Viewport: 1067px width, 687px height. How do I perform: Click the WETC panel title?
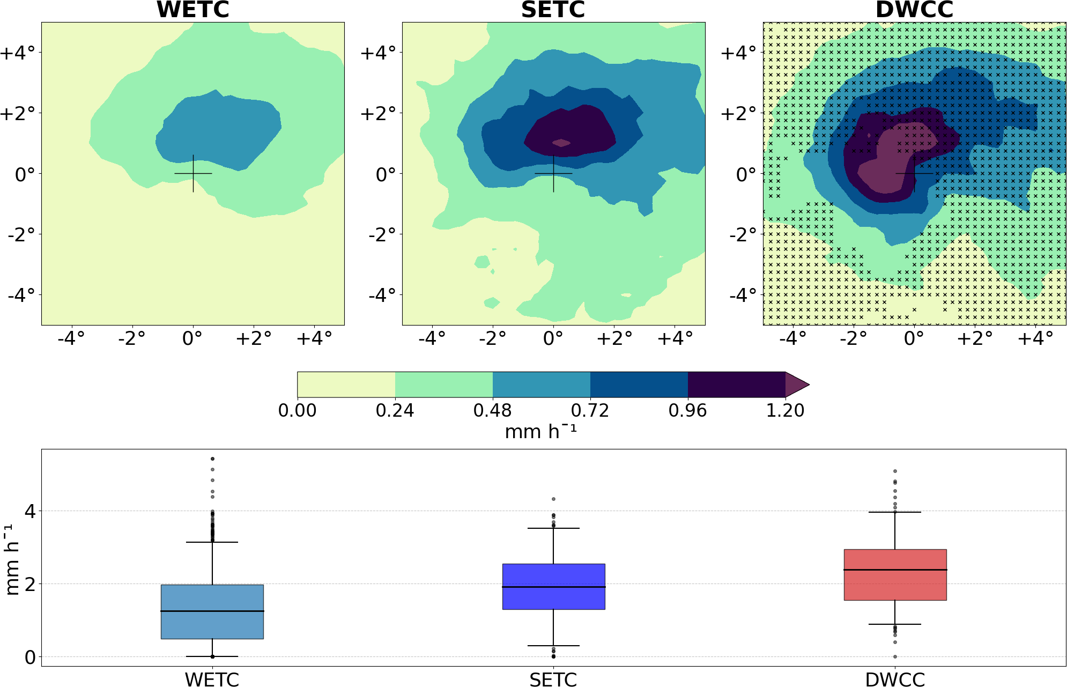[192, 10]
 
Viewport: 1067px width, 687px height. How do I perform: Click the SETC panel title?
[553, 10]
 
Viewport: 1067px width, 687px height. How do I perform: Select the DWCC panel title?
[914, 10]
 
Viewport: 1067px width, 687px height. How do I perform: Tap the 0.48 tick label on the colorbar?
[492, 411]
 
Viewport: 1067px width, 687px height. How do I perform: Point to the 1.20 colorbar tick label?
[785, 411]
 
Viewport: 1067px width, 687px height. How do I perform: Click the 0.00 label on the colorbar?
[297, 411]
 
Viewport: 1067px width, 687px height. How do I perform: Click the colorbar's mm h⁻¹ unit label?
[540, 431]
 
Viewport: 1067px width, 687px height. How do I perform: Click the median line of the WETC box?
[212, 611]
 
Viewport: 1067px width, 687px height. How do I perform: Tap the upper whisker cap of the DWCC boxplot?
[895, 512]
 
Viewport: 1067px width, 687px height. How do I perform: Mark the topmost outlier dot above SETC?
[553, 499]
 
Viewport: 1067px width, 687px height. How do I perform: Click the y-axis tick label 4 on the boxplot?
[30, 511]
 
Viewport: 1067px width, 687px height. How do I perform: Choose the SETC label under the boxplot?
[553, 679]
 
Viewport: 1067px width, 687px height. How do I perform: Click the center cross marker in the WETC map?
[193, 173]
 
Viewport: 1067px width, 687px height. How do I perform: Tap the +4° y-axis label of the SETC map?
[378, 53]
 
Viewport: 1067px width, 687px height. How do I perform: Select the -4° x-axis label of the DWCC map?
[792, 338]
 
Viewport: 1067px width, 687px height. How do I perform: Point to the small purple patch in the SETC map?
[561, 143]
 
